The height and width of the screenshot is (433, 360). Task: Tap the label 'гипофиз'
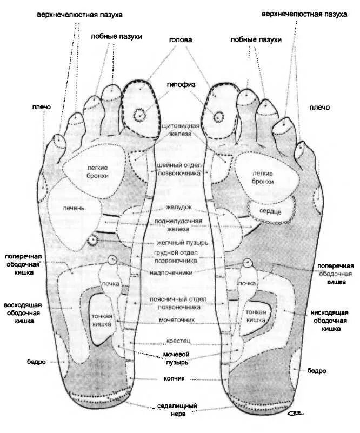(x=180, y=85)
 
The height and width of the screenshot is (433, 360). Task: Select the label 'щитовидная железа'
(x=180, y=129)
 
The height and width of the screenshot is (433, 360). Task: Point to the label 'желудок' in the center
(x=179, y=208)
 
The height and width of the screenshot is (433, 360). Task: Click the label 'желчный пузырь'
(x=179, y=242)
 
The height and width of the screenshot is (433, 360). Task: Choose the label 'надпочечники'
(x=179, y=272)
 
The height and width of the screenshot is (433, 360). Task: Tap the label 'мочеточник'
(x=179, y=320)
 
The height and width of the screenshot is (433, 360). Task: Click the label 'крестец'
(x=179, y=342)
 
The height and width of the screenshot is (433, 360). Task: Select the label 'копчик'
(x=179, y=379)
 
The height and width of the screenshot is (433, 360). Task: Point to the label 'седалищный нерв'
(x=179, y=409)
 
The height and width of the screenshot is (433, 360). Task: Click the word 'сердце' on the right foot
(x=270, y=211)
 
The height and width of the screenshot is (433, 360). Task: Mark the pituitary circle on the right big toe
(x=218, y=116)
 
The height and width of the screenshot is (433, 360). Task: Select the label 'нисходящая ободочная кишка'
(x=331, y=320)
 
